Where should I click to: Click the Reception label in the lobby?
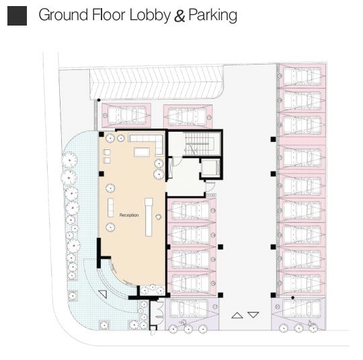click(x=129, y=215)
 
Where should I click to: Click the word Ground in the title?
click(x=63, y=15)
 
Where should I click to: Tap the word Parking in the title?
click(x=212, y=15)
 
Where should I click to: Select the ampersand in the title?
click(x=179, y=15)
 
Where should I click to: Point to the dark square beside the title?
click(x=17, y=15)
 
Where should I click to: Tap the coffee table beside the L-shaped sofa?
click(x=142, y=152)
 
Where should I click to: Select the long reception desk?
click(x=149, y=217)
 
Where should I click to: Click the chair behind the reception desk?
click(x=159, y=217)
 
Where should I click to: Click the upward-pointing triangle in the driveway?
click(x=237, y=316)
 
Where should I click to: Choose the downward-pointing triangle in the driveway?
click(x=253, y=315)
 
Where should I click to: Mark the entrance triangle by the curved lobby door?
click(x=103, y=294)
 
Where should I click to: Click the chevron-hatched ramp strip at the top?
click(x=156, y=82)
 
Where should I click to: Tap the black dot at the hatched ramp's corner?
click(x=99, y=100)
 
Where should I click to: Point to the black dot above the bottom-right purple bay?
click(x=293, y=297)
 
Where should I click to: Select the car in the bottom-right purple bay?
click(x=301, y=308)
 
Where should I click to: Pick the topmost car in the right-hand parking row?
click(x=302, y=76)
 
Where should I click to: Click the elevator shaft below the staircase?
click(x=210, y=167)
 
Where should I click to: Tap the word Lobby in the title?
click(x=150, y=15)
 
